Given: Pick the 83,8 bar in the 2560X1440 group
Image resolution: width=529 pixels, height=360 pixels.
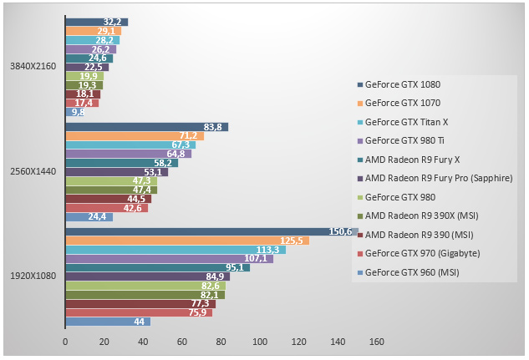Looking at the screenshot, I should point(146,127).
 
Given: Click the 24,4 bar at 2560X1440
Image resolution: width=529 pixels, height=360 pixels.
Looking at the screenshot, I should point(89,217).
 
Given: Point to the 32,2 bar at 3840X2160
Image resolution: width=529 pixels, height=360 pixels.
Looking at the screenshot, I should point(96,22).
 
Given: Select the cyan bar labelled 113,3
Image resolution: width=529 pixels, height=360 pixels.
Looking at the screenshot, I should point(175,250).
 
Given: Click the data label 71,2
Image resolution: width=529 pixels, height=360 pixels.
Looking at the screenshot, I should point(189,136).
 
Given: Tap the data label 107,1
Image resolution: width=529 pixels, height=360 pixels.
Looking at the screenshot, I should point(254,259).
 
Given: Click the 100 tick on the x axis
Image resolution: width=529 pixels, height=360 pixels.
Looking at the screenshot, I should point(260,342).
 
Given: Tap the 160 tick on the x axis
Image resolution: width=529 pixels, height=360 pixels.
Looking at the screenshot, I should point(377,342).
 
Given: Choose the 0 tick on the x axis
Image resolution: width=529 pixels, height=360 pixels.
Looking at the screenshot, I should point(65,342).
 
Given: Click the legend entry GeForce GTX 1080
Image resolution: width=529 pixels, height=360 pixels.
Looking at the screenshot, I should point(402,84).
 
